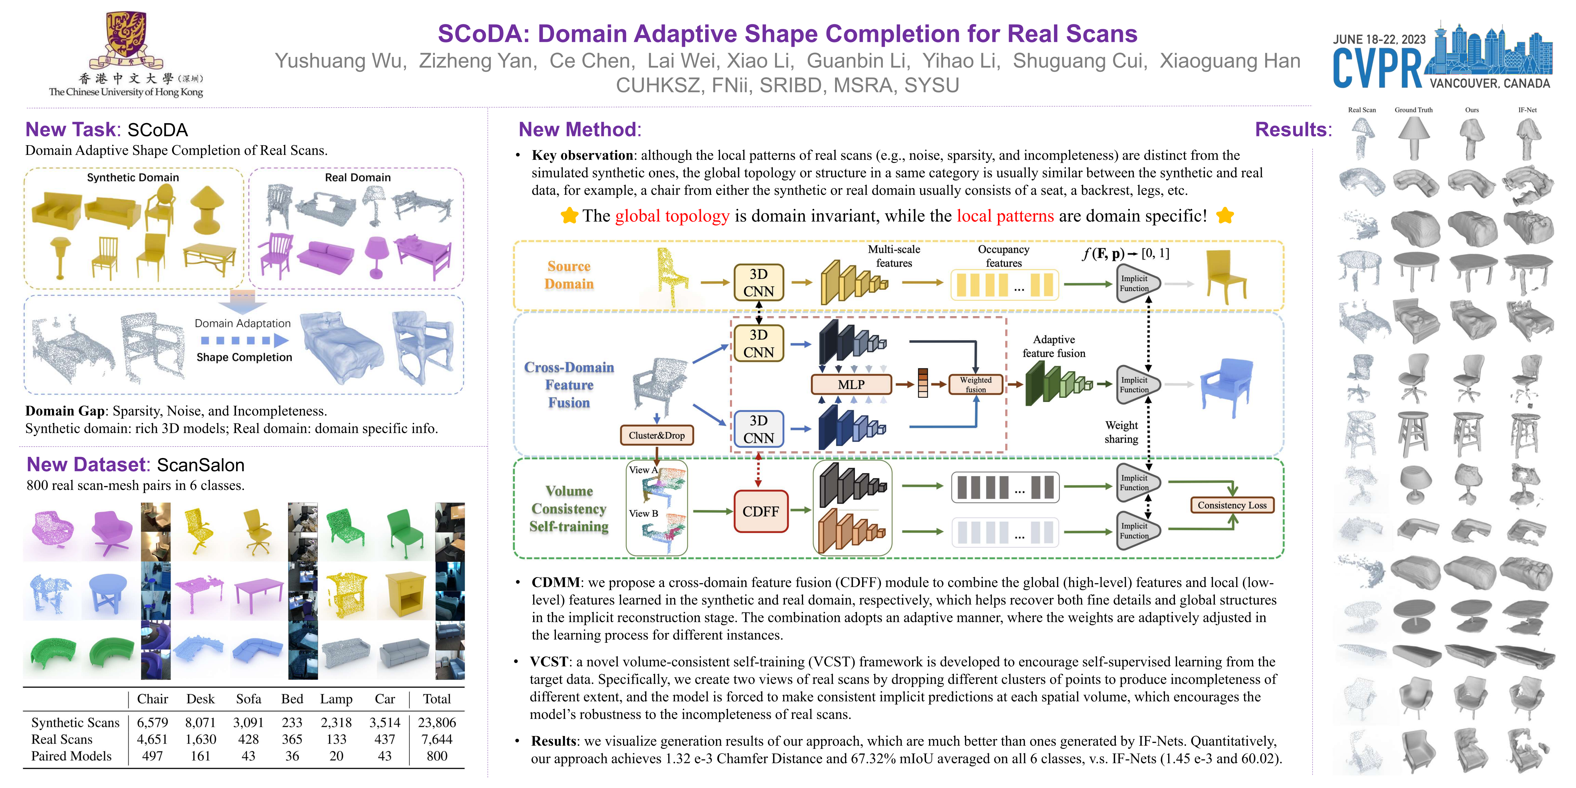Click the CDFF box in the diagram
click(x=761, y=511)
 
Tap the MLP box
click(x=851, y=384)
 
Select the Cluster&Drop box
click(x=657, y=435)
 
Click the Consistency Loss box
click(x=1232, y=505)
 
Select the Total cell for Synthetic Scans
click(x=437, y=722)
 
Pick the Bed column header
click(x=292, y=699)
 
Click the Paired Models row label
click(x=71, y=756)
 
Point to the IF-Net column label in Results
click(x=1527, y=110)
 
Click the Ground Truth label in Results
click(x=1413, y=110)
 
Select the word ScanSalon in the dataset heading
click(x=201, y=465)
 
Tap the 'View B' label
click(x=643, y=513)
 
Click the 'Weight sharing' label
click(x=1121, y=432)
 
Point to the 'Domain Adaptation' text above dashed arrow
click(x=242, y=323)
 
